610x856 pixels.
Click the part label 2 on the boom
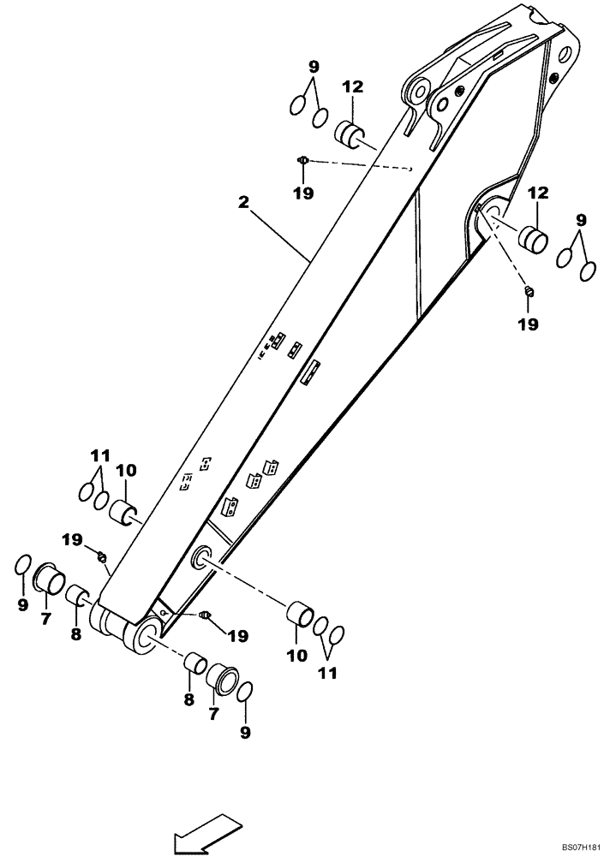tap(243, 202)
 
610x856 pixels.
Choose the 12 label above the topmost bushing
tap(352, 86)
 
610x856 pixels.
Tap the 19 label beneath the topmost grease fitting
tap(302, 193)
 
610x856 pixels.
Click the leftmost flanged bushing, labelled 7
tap(48, 580)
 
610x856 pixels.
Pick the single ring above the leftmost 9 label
tap(24, 565)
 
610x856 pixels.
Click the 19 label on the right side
tap(529, 324)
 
